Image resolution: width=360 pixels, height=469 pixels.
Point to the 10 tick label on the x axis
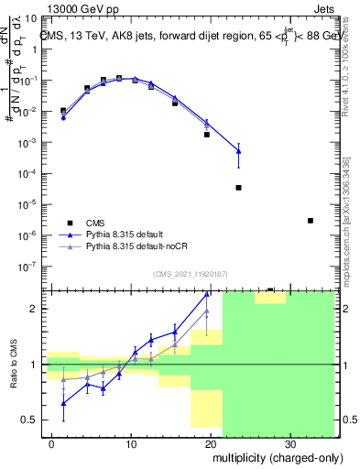click(132, 442)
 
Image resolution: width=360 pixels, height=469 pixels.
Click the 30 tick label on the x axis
click(289, 442)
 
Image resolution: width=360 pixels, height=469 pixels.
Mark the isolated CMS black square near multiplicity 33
click(311, 221)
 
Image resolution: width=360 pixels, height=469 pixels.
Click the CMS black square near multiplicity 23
click(238, 188)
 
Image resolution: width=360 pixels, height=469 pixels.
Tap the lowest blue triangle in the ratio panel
click(63, 403)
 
